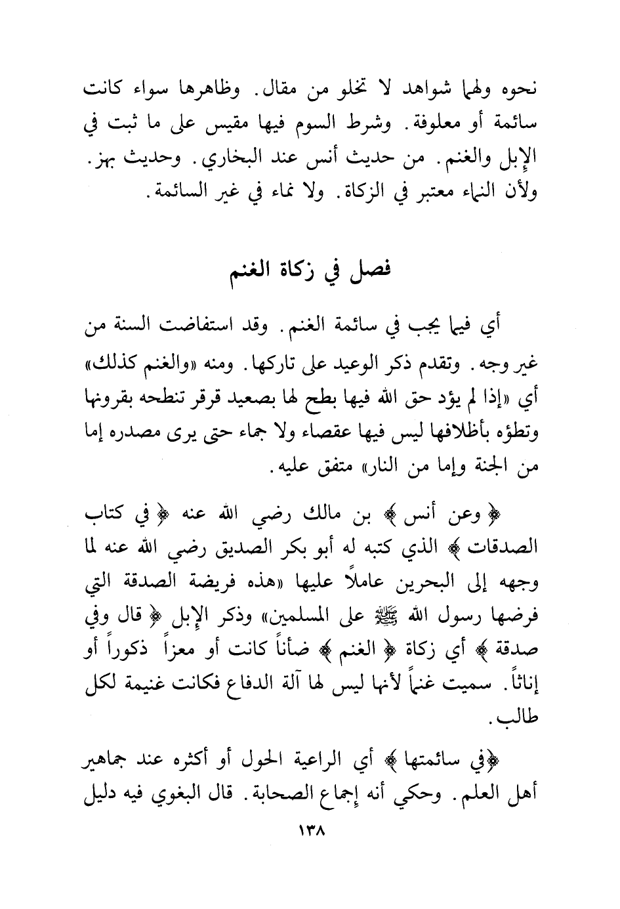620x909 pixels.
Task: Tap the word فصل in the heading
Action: click(x=372, y=271)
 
